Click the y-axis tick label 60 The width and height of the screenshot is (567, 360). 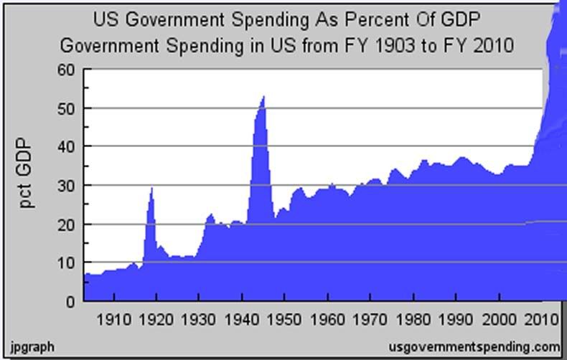(x=65, y=70)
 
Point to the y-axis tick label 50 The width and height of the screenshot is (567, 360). (x=65, y=108)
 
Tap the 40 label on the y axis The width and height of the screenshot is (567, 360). (x=65, y=147)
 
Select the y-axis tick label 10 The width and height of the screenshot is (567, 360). (x=65, y=263)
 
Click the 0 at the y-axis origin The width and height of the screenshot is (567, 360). (x=70, y=302)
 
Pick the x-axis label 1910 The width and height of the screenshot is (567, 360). (x=114, y=318)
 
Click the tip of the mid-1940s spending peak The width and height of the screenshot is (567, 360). (x=263, y=96)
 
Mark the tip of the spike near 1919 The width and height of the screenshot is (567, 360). (x=151, y=188)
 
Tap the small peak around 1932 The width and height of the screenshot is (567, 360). (x=210, y=214)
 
